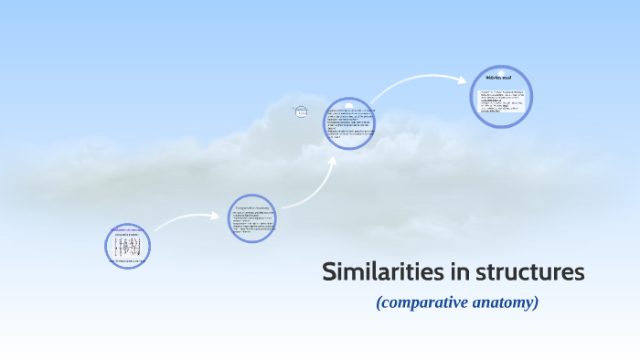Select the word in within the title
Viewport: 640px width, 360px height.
(x=444, y=272)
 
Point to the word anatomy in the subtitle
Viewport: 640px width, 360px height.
(x=502, y=302)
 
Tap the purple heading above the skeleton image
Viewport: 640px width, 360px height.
(x=127, y=231)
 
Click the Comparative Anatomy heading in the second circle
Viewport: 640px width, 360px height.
(x=251, y=206)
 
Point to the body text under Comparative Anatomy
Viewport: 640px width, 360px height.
(x=251, y=223)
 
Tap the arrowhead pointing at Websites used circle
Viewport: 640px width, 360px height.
(x=464, y=79)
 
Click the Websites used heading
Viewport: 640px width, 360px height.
(x=502, y=79)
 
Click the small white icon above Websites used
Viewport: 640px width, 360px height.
(x=502, y=69)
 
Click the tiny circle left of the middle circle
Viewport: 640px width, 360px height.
(x=302, y=111)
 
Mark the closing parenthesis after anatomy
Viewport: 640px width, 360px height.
(x=536, y=302)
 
